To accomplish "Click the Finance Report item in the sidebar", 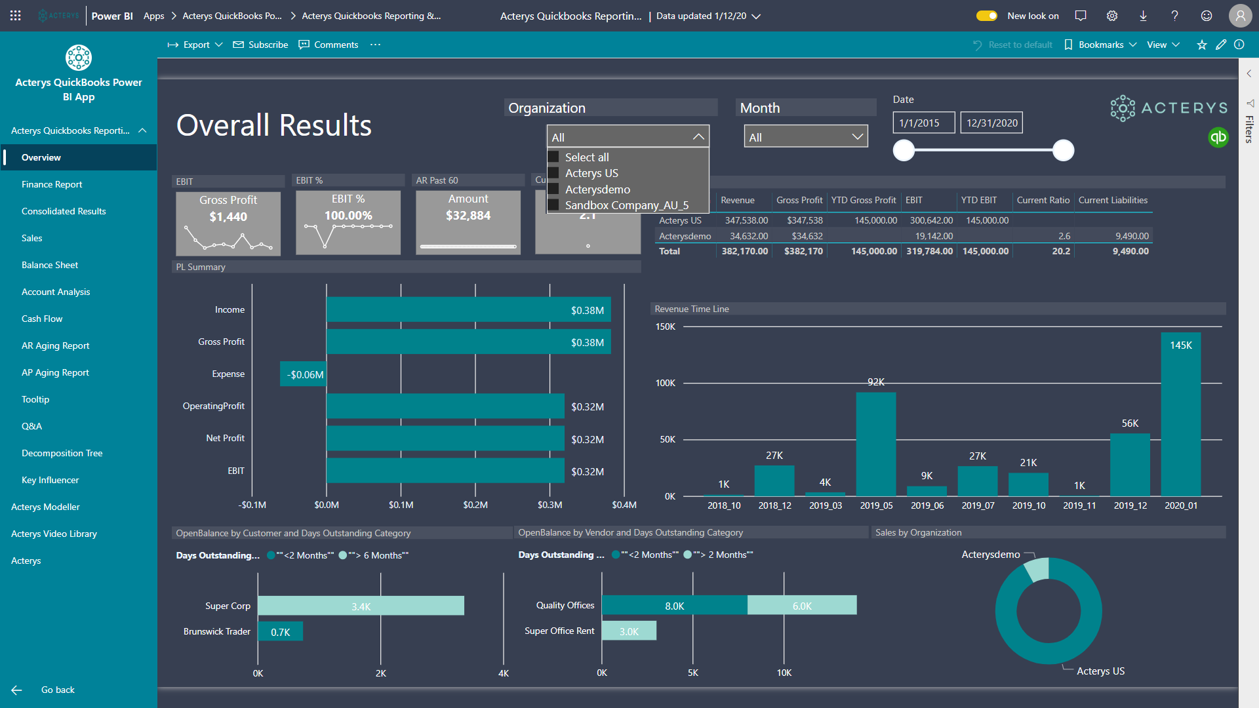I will pyautogui.click(x=52, y=184).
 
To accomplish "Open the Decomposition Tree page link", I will pyautogui.click(x=62, y=453).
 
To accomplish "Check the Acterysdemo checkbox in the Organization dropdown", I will pyautogui.click(x=553, y=189).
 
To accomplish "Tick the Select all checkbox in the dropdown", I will pyautogui.click(x=553, y=157).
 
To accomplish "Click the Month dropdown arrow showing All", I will pyautogui.click(x=857, y=137).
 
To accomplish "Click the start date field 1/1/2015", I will pyautogui.click(x=923, y=123).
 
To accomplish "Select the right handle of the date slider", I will pyautogui.click(x=1063, y=150).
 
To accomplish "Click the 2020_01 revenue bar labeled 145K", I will pyautogui.click(x=1180, y=420).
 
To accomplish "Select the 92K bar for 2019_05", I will pyautogui.click(x=875, y=446).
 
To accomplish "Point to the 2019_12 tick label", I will pyautogui.click(x=1130, y=505).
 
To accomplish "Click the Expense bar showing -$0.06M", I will pyautogui.click(x=303, y=374).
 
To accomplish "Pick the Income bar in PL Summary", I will pyautogui.click(x=468, y=310).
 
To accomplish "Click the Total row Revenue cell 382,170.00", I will pyautogui.click(x=744, y=251).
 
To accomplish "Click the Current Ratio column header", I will pyautogui.click(x=1043, y=200).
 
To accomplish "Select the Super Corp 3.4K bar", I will pyautogui.click(x=361, y=606).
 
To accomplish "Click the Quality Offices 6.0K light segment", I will pyautogui.click(x=801, y=605).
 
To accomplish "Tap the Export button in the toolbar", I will pyautogui.click(x=195, y=45).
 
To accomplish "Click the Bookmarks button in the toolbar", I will pyautogui.click(x=1100, y=45).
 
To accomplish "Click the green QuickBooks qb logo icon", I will pyautogui.click(x=1218, y=137).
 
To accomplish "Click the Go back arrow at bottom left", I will pyautogui.click(x=17, y=690).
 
